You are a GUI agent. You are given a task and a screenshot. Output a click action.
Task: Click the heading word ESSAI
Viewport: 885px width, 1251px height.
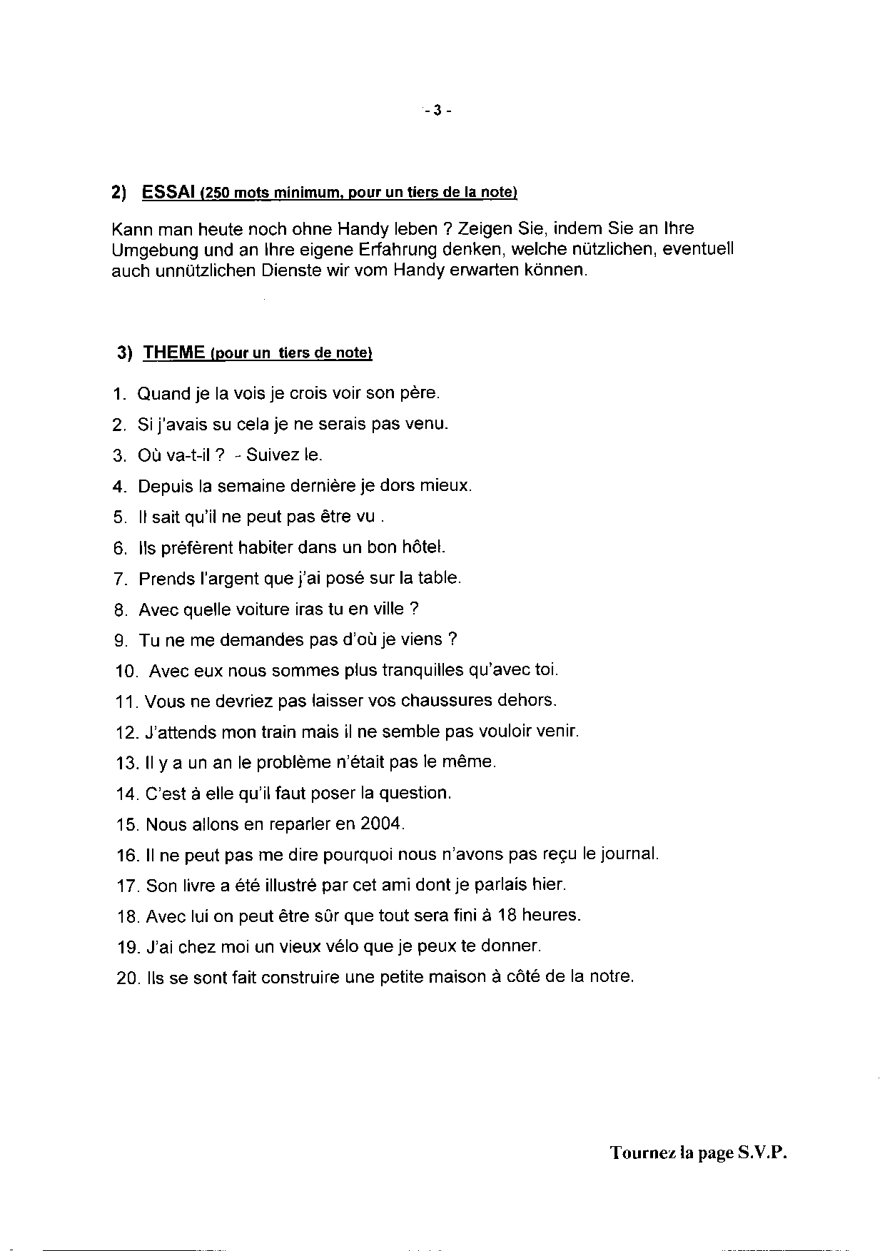point(168,192)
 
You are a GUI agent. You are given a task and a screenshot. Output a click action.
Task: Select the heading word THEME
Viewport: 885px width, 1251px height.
point(175,353)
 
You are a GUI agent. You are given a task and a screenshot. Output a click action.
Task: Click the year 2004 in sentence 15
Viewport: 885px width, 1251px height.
point(382,824)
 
